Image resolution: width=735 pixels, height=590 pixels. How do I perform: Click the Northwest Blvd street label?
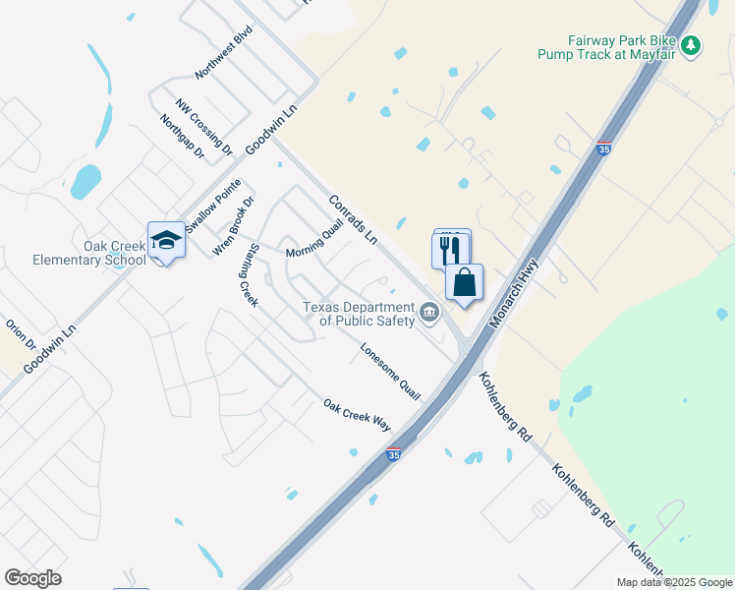click(x=224, y=52)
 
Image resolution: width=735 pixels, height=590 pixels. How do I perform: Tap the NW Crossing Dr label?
click(x=204, y=127)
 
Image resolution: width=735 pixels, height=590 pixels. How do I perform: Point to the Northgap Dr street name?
click(x=182, y=137)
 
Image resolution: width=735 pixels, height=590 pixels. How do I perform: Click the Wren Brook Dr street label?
click(x=234, y=227)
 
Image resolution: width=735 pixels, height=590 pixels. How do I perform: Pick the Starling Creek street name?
click(x=247, y=274)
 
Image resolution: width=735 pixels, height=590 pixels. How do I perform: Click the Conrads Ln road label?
click(x=353, y=218)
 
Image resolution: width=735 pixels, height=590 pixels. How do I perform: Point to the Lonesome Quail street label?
click(x=390, y=371)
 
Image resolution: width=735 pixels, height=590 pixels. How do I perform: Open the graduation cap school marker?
click(x=166, y=241)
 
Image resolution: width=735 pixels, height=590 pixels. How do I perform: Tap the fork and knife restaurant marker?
click(x=451, y=249)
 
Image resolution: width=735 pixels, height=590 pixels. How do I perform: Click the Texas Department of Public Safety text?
click(x=359, y=313)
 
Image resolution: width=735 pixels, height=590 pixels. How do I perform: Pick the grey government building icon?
click(x=429, y=314)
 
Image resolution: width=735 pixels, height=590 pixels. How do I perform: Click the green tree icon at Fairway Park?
click(x=691, y=45)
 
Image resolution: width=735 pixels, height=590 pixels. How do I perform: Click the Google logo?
click(x=32, y=578)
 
